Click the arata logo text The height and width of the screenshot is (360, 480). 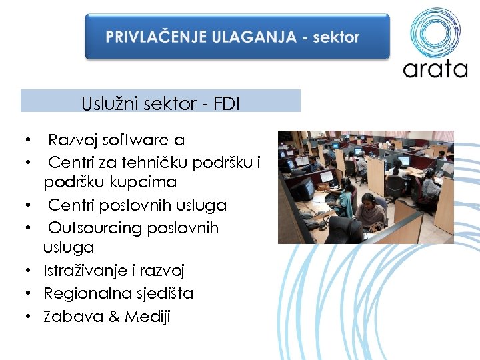point(435,69)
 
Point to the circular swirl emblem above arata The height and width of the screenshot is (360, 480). point(435,32)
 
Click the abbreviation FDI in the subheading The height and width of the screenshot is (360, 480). point(227,103)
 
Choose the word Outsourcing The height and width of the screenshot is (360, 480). point(95,228)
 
